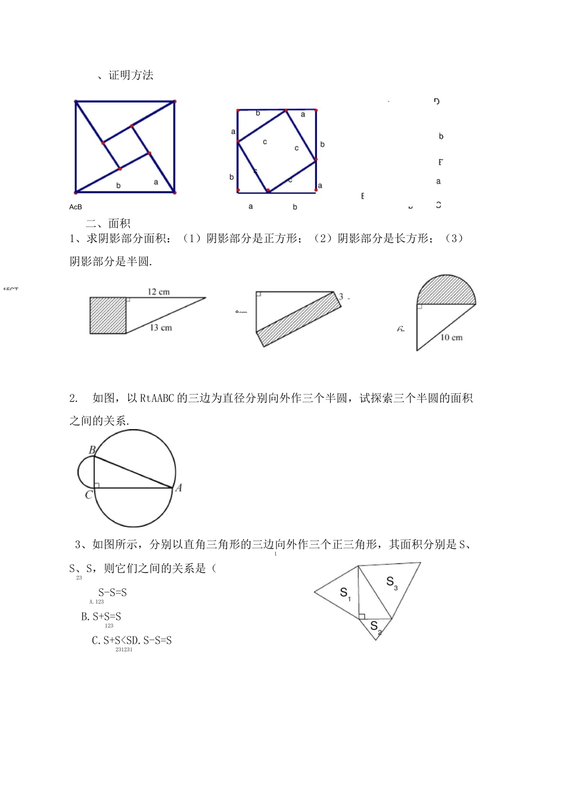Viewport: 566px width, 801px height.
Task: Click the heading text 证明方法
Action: click(131, 75)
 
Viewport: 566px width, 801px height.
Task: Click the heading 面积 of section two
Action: click(119, 223)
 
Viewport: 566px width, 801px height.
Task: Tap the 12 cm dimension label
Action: click(158, 291)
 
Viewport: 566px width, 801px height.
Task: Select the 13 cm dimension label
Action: click(161, 328)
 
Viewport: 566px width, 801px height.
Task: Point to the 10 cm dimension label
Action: click(451, 337)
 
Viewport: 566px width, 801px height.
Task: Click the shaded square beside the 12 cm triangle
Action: click(108, 315)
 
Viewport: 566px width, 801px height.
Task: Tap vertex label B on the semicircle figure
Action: click(92, 450)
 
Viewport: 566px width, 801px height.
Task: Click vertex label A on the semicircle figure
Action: click(178, 488)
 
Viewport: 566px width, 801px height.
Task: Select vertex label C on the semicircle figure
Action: click(88, 495)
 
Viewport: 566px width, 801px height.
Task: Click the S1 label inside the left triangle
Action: click(345, 594)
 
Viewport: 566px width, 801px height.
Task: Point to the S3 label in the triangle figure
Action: click(391, 583)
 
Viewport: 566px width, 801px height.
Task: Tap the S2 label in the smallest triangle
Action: click(375, 627)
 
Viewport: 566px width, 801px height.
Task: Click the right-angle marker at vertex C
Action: click(97, 485)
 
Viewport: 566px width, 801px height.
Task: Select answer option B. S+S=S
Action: click(101, 617)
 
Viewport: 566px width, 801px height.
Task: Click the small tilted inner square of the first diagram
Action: click(126, 147)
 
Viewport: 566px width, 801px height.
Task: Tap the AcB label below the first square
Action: click(76, 207)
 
